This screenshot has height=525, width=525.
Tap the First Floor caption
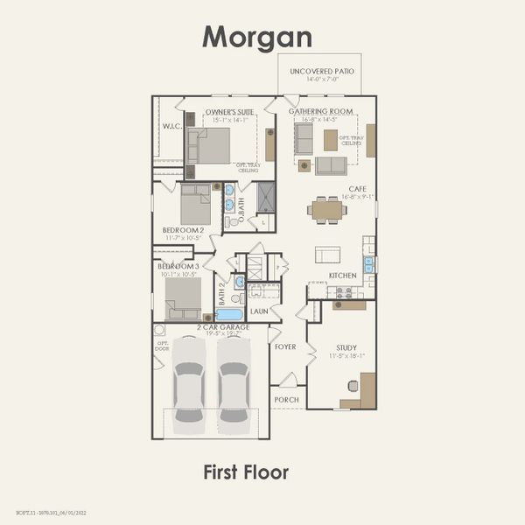[x=246, y=472]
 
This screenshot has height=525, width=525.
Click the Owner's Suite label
[x=228, y=112]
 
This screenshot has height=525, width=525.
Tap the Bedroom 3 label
[x=178, y=266]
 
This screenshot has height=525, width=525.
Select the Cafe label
[x=357, y=189]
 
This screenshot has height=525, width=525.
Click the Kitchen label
[x=342, y=276]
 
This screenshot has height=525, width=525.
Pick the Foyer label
[x=285, y=346]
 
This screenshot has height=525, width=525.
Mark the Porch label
[x=286, y=399]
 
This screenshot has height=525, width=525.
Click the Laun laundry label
[x=259, y=311]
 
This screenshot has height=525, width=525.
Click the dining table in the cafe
[x=328, y=210]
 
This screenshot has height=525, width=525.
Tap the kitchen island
[x=328, y=254]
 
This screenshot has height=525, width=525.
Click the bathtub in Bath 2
[x=229, y=314]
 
